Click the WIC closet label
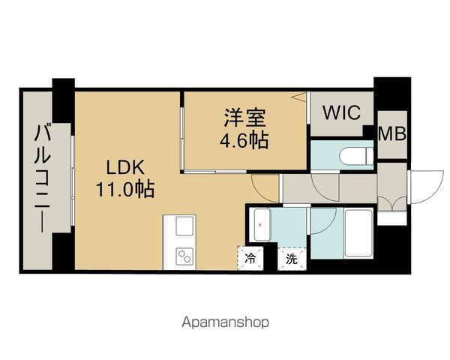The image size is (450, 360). pyautogui.click(x=341, y=112)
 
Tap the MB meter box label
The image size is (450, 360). pyautogui.click(x=392, y=133)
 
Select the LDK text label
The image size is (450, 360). pyautogui.click(x=125, y=168)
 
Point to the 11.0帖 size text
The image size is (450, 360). pyautogui.click(x=125, y=189)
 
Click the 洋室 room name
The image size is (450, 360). pyautogui.click(x=244, y=118)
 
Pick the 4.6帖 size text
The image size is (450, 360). pyautogui.click(x=244, y=140)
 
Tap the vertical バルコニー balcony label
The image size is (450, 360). pyautogui.click(x=43, y=178)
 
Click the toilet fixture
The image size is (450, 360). pyautogui.click(x=356, y=156)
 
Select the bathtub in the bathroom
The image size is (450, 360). pyautogui.click(x=358, y=234)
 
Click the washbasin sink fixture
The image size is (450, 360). pyautogui.click(x=262, y=225)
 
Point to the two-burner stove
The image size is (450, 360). pyautogui.click(x=184, y=256)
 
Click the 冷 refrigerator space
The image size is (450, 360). pyautogui.click(x=250, y=259)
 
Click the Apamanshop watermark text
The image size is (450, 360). pyautogui.click(x=225, y=322)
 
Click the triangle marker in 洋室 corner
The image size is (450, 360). pyautogui.click(x=299, y=97)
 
